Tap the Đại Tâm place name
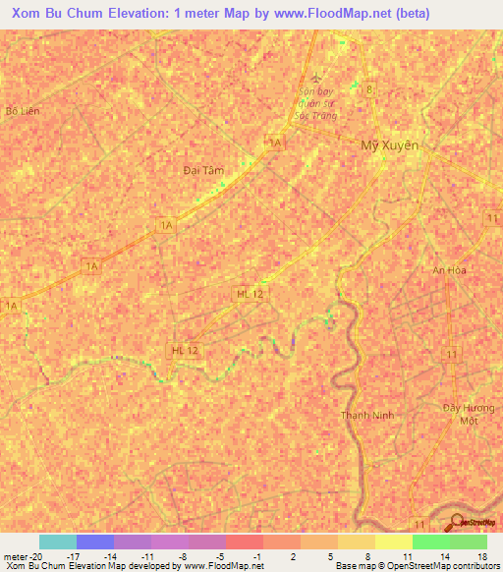[203, 170]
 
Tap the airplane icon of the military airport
[314, 79]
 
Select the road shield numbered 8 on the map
[369, 89]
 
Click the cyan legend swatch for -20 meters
[57, 542]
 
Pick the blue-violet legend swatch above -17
[94, 542]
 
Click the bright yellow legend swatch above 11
[393, 542]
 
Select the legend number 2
[282, 556]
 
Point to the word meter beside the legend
[16, 556]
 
